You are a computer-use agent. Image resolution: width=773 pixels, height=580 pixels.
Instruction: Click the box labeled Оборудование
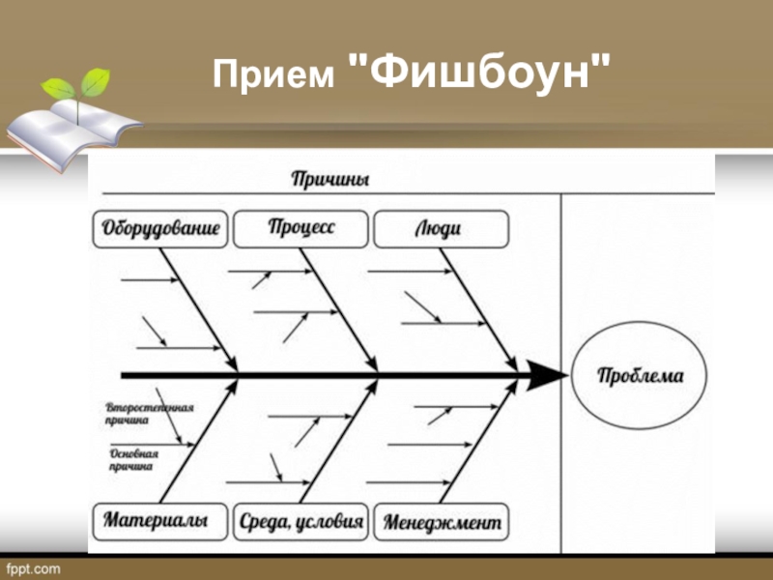160,230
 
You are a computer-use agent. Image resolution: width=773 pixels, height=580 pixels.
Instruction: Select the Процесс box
301,228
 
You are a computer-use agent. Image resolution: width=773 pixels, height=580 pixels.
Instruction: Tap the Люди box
440,230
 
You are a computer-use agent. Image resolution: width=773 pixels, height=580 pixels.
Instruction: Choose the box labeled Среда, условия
301,522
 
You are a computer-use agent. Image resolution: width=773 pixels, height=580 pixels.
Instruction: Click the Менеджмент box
442,522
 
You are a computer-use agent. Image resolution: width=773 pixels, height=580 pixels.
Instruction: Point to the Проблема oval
639,376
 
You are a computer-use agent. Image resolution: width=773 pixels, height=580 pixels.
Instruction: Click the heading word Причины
329,179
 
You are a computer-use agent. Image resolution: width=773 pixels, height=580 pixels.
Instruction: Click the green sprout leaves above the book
82,85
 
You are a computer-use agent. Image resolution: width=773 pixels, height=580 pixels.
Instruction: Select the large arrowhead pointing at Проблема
546,374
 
